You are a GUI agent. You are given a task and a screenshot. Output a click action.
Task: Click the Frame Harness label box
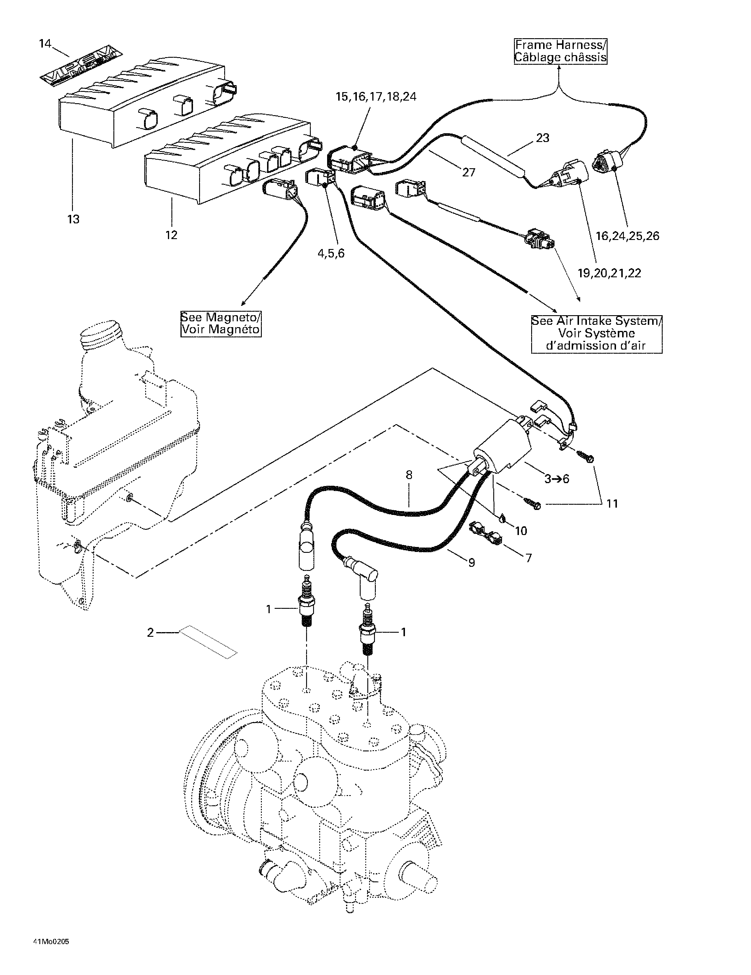(x=560, y=51)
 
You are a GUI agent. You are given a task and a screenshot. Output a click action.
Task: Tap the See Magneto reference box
(x=221, y=324)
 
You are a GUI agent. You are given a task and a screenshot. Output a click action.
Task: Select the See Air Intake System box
(x=596, y=333)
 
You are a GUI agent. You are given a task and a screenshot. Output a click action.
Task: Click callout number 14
(x=45, y=44)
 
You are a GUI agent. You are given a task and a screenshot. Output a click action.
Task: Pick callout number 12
(x=171, y=235)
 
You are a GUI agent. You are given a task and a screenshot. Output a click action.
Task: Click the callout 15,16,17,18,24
(x=376, y=97)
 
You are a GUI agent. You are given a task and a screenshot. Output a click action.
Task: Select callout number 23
(x=543, y=138)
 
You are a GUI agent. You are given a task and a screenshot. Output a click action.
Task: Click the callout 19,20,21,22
(x=609, y=273)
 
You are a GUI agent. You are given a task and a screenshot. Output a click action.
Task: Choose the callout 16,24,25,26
(x=627, y=236)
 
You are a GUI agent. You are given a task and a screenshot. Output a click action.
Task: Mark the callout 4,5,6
(x=331, y=254)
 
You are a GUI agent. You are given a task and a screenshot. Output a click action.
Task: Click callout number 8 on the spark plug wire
(x=409, y=475)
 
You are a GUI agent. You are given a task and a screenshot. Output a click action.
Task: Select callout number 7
(x=529, y=558)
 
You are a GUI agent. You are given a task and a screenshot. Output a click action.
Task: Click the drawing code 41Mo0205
(x=51, y=942)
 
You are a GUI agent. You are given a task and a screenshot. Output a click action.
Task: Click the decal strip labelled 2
(x=208, y=641)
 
